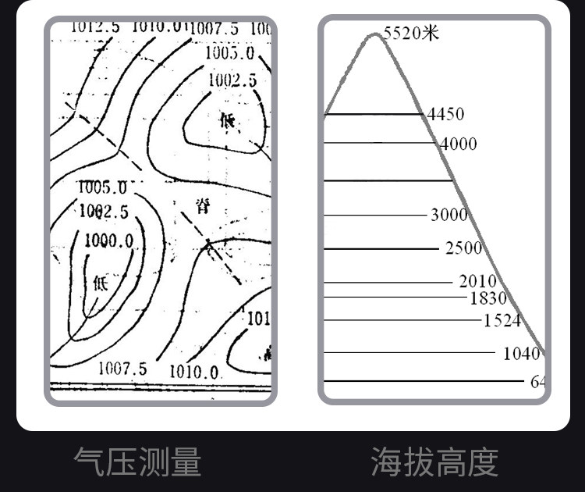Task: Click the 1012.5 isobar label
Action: tap(95, 27)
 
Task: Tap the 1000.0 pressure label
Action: tap(108, 241)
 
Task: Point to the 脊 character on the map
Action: tap(203, 206)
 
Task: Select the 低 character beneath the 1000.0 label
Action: tap(101, 283)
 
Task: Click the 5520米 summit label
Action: tap(411, 33)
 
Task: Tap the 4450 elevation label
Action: tap(445, 115)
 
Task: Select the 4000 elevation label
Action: tap(458, 144)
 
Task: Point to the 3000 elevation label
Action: tap(449, 215)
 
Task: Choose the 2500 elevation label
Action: tap(463, 248)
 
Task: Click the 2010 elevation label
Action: tap(477, 281)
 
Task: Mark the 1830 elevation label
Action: tap(488, 298)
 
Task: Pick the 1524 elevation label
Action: tap(502, 320)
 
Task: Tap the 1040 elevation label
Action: tap(521, 354)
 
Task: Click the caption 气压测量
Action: tap(137, 462)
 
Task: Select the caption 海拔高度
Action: tap(434, 462)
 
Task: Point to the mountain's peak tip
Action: tap(373, 34)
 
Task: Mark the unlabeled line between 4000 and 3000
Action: tap(387, 180)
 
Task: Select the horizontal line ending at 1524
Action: tap(401, 320)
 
